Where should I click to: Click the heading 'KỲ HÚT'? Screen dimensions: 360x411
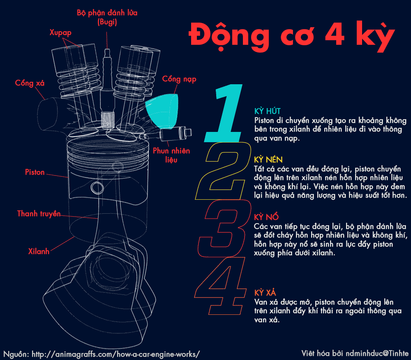(x=267, y=111)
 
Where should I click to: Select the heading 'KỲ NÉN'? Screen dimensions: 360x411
(x=268, y=159)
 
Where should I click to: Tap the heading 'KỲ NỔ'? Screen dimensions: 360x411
(x=266, y=217)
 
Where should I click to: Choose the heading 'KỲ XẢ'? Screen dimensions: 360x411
(x=265, y=293)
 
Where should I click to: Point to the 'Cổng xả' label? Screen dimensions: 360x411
(x=30, y=83)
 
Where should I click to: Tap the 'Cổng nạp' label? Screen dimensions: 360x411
(x=179, y=79)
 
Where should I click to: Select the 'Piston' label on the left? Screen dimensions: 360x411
(x=35, y=172)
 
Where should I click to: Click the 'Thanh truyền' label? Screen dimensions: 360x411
(x=39, y=214)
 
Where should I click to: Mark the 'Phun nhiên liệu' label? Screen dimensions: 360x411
(x=171, y=155)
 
